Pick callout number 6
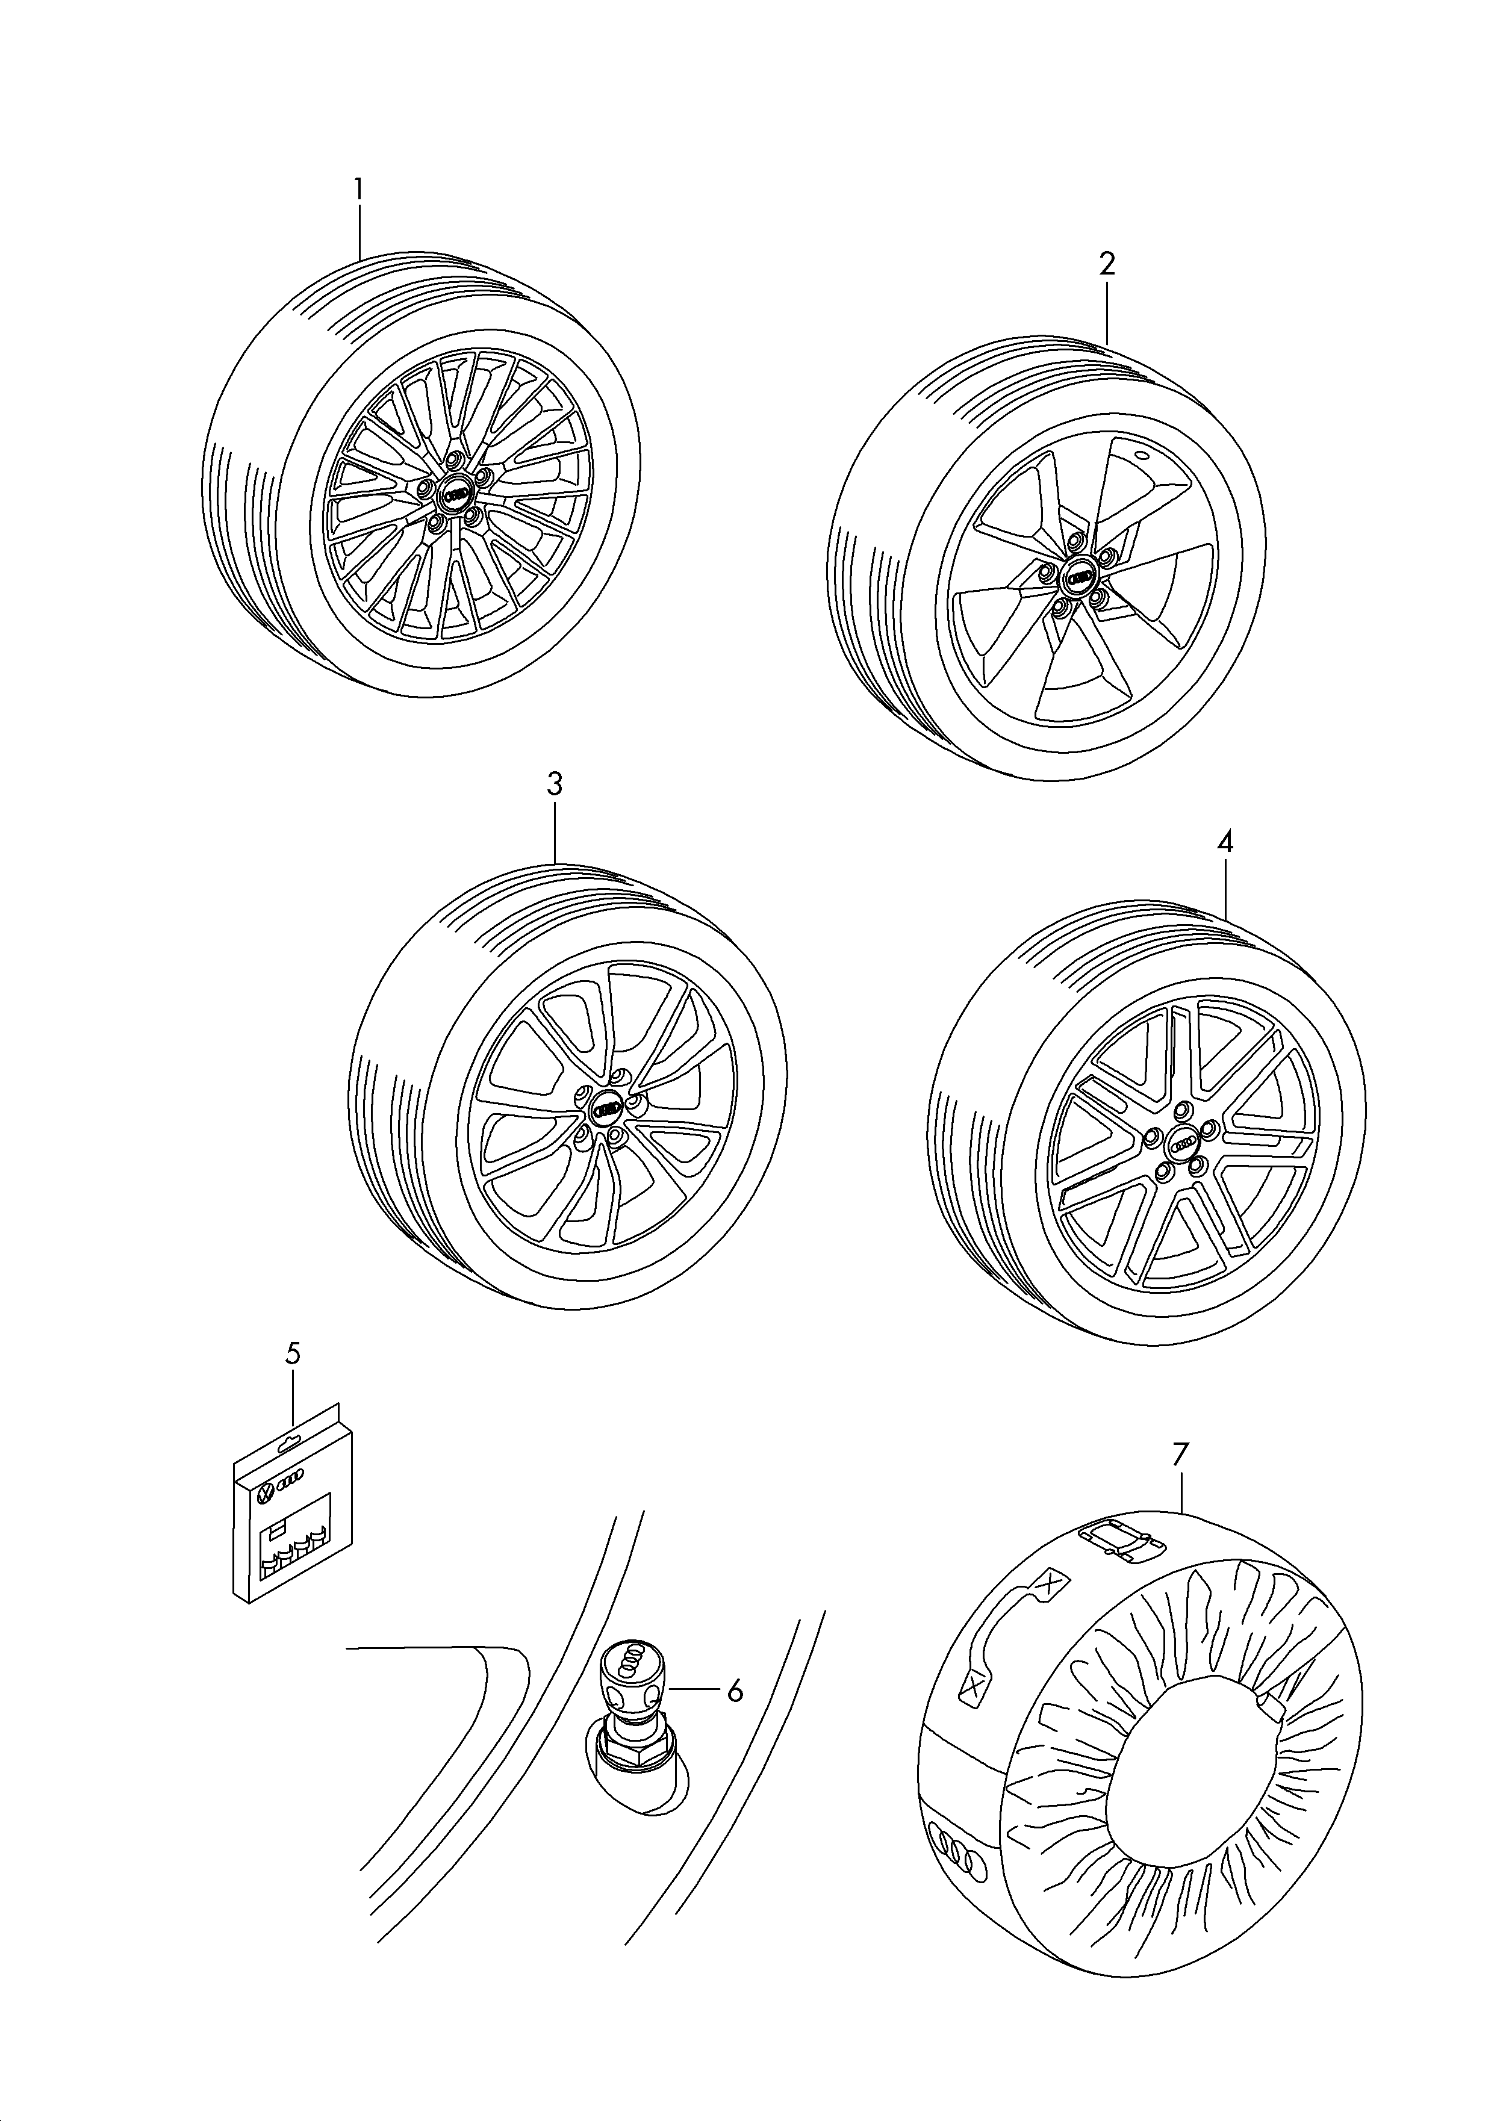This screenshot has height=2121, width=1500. [x=735, y=1692]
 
